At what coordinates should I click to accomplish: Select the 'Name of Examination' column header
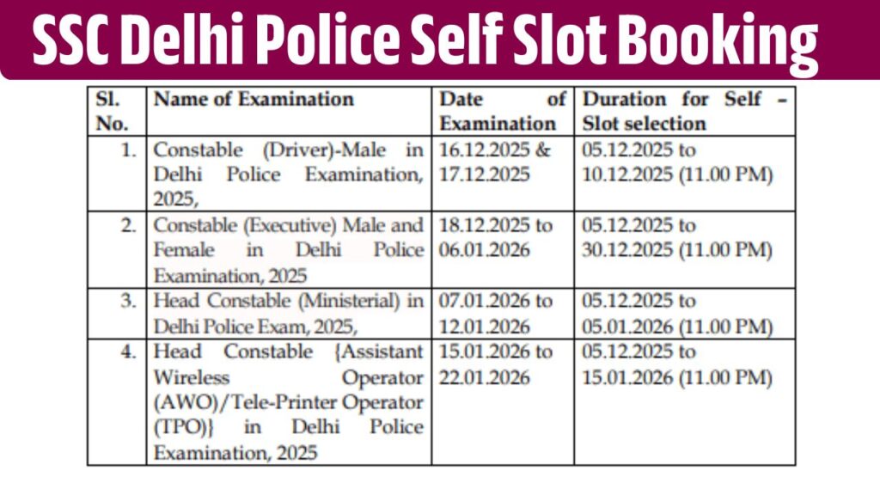(254, 99)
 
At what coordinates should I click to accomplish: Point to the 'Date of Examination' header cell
(503, 111)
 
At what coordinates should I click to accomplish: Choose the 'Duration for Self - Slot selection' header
(684, 111)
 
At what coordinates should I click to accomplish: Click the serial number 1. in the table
(128, 150)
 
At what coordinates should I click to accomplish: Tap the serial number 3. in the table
(128, 302)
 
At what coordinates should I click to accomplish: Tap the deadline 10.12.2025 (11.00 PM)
(677, 174)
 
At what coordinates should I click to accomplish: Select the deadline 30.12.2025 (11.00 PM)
(677, 250)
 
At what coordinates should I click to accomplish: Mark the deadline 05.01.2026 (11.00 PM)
(677, 327)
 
